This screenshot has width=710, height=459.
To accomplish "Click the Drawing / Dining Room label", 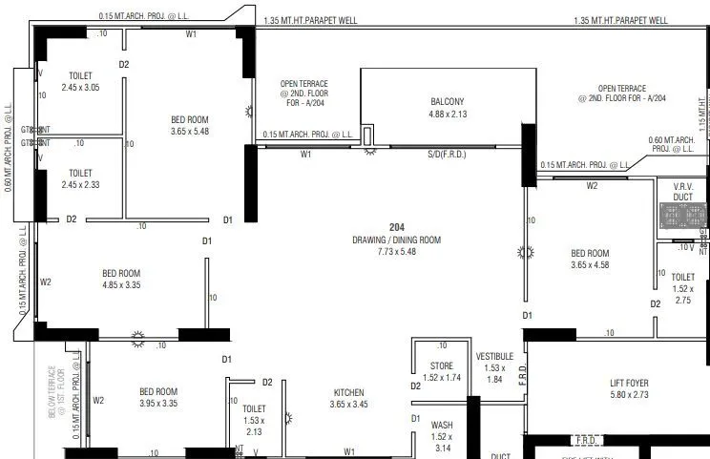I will pos(396,240).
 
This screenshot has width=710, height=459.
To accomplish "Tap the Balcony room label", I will pos(447,102).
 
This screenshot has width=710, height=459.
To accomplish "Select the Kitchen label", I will pos(348,392).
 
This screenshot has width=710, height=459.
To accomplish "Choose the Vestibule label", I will pos(494,356).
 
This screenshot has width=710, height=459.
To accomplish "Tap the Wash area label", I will pos(441,425).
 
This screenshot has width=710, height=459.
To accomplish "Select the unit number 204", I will pos(397,227).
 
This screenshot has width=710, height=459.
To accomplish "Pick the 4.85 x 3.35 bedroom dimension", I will pos(121,284).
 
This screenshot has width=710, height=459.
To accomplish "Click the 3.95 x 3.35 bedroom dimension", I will pos(158,403).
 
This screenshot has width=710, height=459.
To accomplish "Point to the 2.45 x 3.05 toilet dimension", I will pos(81,88).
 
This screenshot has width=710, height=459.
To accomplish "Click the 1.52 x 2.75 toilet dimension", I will pos(682,295).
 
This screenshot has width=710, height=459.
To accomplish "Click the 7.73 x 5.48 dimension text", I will pos(396,253).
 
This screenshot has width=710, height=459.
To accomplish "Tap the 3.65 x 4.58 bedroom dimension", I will pos(590,265).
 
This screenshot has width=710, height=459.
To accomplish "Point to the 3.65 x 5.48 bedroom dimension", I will pos(190,131).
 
